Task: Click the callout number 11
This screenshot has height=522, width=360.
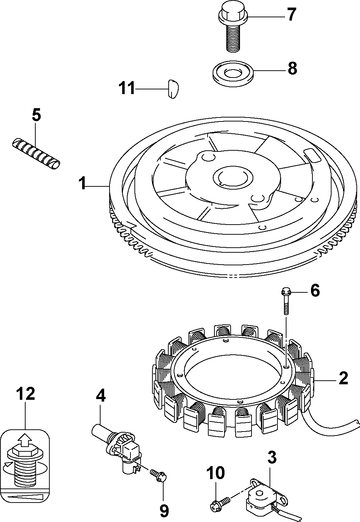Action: (127, 88)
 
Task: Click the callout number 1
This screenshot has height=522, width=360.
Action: (83, 184)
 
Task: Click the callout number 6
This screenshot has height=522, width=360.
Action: (315, 290)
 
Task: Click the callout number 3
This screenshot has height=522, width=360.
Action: (272, 457)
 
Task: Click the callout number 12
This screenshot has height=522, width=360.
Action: (26, 394)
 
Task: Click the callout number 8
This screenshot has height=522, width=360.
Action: (292, 68)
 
